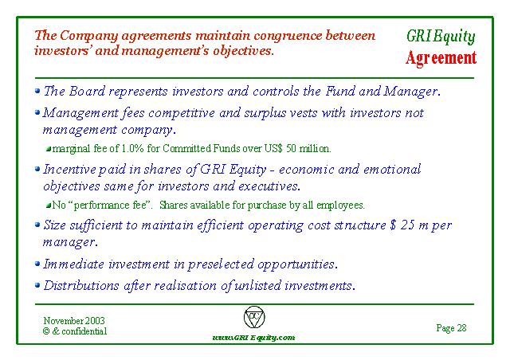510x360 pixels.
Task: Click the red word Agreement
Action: [x=441, y=58]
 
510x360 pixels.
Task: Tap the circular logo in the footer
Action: [x=254, y=317]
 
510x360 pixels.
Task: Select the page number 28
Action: [x=461, y=327]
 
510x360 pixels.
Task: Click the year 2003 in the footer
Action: [x=95, y=321]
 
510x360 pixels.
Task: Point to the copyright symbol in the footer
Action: [x=46, y=331]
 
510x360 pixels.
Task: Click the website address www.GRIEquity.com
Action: [x=253, y=337]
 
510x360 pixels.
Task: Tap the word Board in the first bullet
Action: [x=87, y=91]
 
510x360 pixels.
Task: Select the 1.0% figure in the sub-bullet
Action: [x=132, y=148]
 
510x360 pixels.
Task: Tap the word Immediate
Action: [x=73, y=264]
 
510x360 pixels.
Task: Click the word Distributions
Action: [x=81, y=285]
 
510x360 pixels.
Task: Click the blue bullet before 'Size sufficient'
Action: [x=37, y=224]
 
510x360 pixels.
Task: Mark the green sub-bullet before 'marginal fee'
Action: [x=49, y=149]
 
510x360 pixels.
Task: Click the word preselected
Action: [x=221, y=264]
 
